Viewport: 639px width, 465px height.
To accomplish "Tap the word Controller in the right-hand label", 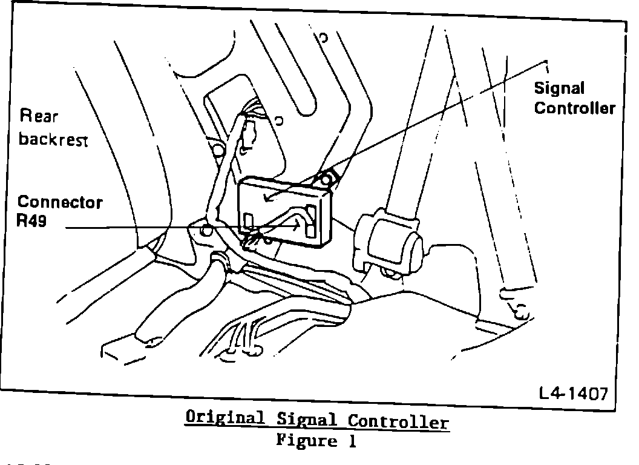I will click(x=574, y=108).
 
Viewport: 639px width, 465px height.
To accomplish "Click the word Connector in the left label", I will click(x=59, y=202).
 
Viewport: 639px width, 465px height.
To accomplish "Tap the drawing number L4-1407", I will click(x=573, y=395).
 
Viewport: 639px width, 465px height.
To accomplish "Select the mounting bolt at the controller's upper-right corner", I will click(x=326, y=179).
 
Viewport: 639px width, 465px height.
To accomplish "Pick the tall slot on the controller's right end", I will click(x=312, y=221).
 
